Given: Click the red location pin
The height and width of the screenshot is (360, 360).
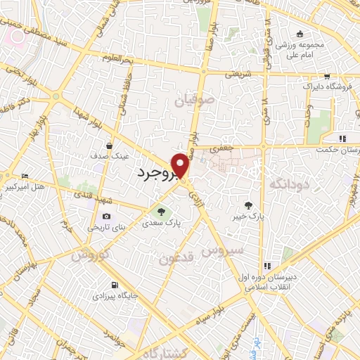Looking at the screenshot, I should tap(181, 165).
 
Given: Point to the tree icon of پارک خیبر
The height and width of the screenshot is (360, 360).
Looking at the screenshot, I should tap(247, 205).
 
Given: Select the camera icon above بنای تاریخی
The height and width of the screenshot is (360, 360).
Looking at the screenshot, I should tap(107, 217).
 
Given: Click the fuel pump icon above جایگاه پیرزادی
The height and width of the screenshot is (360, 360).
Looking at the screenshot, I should tap(114, 285).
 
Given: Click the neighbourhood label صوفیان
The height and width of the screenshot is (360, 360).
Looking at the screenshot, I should tap(192, 102).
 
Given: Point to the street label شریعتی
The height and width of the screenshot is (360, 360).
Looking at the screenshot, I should tap(236, 72).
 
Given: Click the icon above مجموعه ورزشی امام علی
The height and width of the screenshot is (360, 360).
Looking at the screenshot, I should tap(300, 34).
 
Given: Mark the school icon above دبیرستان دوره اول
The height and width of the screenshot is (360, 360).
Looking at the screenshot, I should tap(267, 266).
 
